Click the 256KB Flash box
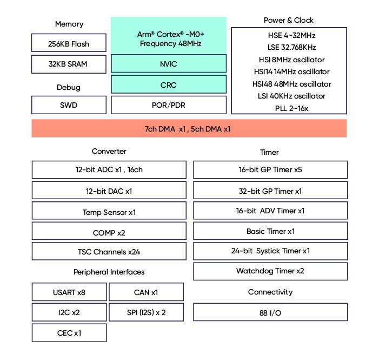point(69,43)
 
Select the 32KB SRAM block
point(69,64)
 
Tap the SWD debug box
point(69,105)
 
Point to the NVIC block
point(169,63)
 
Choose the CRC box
point(169,84)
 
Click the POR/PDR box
point(169,105)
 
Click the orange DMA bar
point(189,128)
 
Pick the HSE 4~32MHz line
point(292,36)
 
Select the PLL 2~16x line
point(292,108)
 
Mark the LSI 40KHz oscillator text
point(291,96)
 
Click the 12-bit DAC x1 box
point(109,191)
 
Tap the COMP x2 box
point(109,231)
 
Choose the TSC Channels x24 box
point(109,251)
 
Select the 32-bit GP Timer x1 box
point(270,191)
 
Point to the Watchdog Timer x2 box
point(270,271)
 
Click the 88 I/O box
point(270,312)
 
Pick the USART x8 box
point(69,292)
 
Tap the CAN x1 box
point(146,292)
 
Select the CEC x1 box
point(69,333)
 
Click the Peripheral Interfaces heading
point(109,272)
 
